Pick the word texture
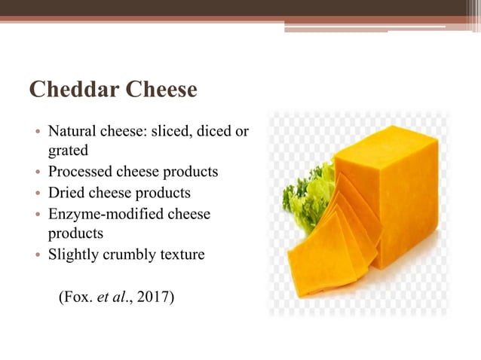coord(182,255)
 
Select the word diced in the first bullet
coord(214,132)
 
